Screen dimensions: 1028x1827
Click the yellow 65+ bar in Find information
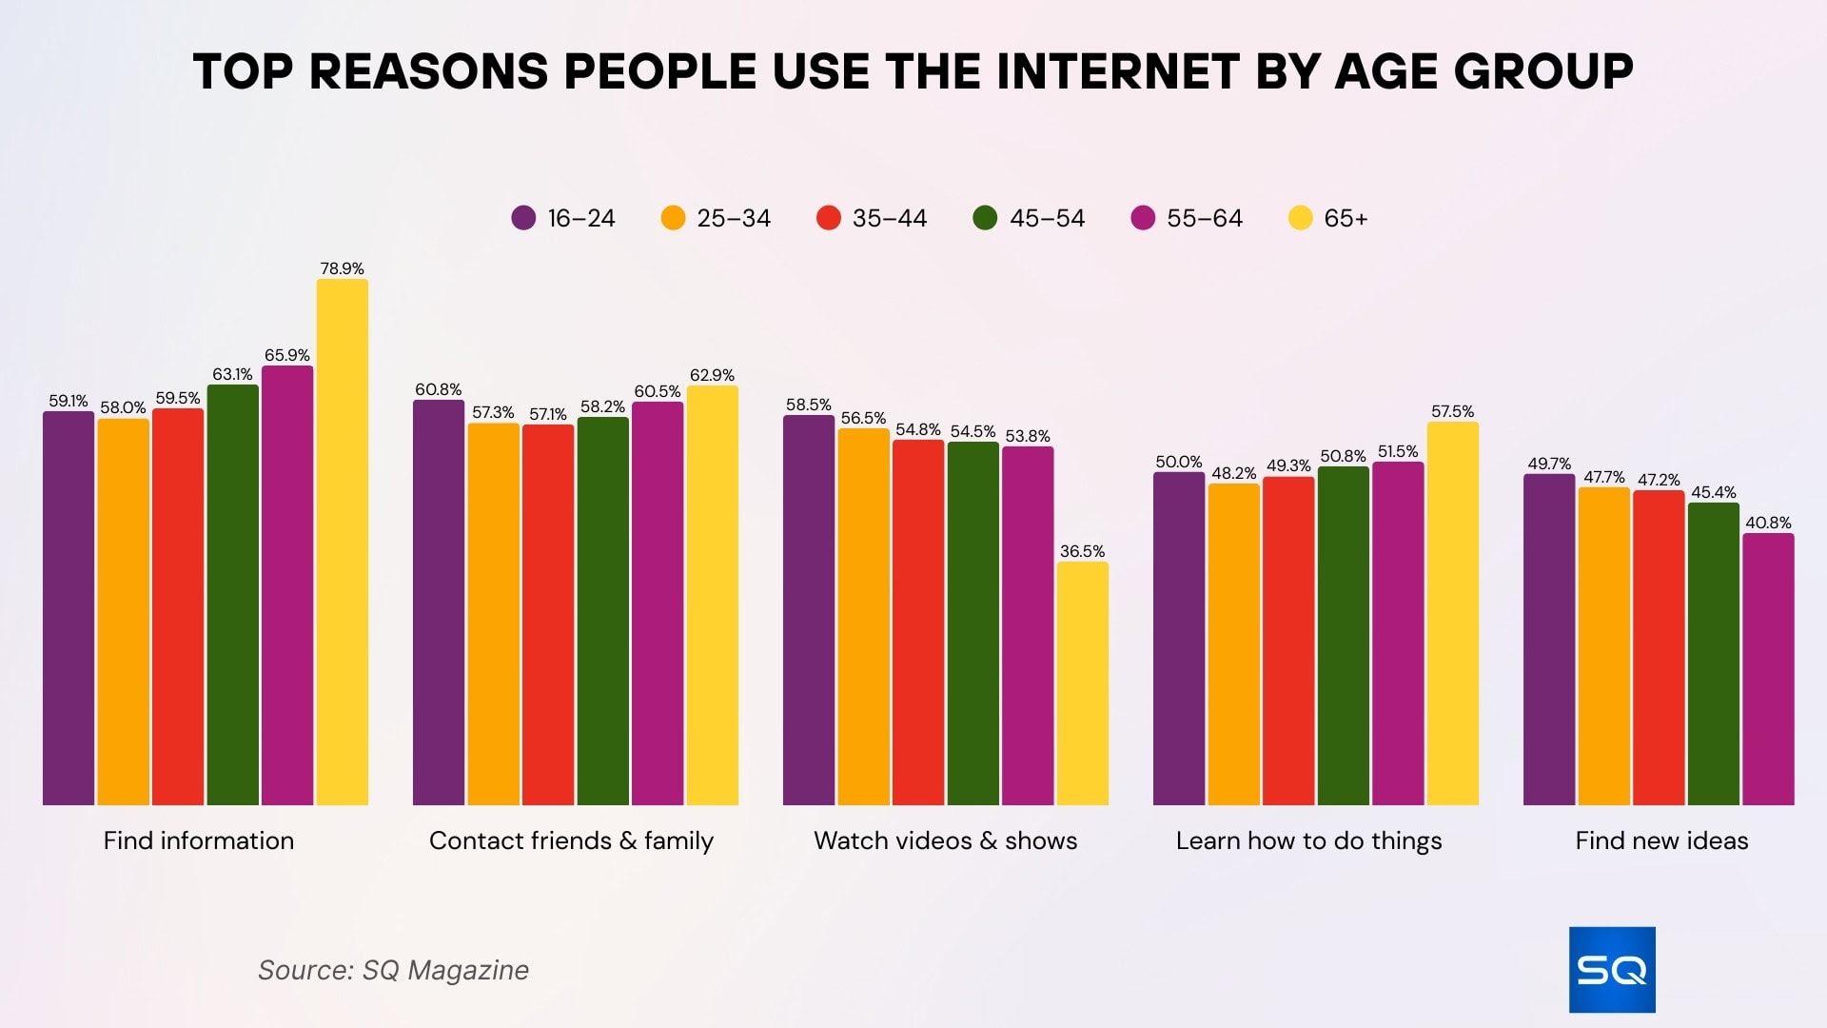[342, 543]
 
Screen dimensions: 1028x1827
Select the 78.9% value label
[342, 268]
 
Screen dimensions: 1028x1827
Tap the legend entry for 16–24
[563, 218]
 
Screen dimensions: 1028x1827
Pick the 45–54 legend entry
[1029, 218]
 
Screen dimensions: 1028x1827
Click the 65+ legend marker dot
[1300, 218]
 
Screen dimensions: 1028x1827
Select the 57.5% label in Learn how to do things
[1452, 411]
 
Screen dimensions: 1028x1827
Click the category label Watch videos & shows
[945, 840]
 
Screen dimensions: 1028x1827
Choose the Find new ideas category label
[1661, 840]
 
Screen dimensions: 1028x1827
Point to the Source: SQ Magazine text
[393, 970]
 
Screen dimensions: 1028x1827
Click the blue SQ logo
[1612, 969]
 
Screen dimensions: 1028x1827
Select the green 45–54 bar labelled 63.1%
[232, 595]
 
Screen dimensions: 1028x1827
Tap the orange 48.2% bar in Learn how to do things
[1233, 644]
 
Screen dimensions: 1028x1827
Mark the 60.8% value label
[438, 389]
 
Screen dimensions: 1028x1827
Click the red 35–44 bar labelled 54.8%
[918, 623]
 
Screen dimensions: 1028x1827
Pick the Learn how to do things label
[1308, 840]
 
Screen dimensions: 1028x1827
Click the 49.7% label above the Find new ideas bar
[1549, 464]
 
